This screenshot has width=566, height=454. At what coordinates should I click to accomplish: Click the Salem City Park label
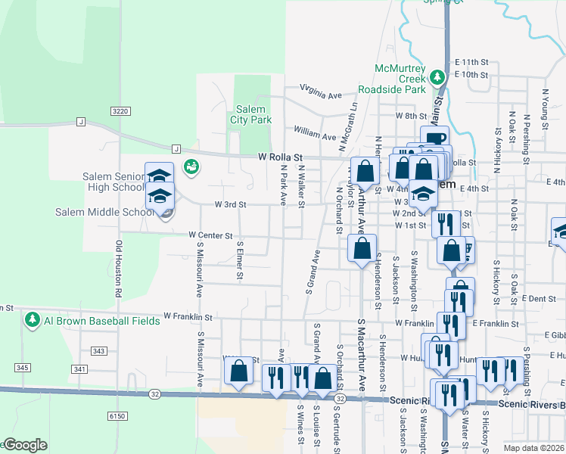pos(250,114)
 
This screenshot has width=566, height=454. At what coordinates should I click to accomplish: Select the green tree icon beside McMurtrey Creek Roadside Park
pos(437,77)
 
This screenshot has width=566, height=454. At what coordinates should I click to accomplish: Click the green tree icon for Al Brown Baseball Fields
pos(32,320)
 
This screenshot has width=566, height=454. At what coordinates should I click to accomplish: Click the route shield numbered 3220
pos(120,110)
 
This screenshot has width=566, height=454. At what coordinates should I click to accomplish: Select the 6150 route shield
pos(117,415)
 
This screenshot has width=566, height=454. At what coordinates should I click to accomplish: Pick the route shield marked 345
pos(22,368)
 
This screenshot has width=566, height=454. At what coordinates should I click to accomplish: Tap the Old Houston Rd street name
pos(119,268)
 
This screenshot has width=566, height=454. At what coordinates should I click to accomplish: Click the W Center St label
pos(210,236)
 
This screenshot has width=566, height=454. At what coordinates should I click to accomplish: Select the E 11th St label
pos(473,62)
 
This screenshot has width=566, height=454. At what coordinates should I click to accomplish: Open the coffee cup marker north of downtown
pos(435,138)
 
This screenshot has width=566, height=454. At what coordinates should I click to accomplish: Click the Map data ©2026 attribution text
pos(534,448)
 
